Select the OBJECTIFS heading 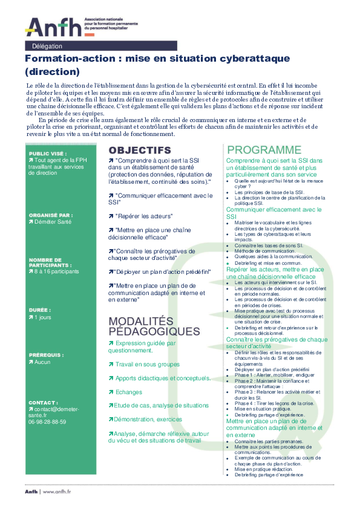click(x=140, y=150)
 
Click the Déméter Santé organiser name click(x=56, y=222)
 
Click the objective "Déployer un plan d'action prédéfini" click(x=160, y=271)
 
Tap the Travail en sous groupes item click(x=147, y=365)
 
